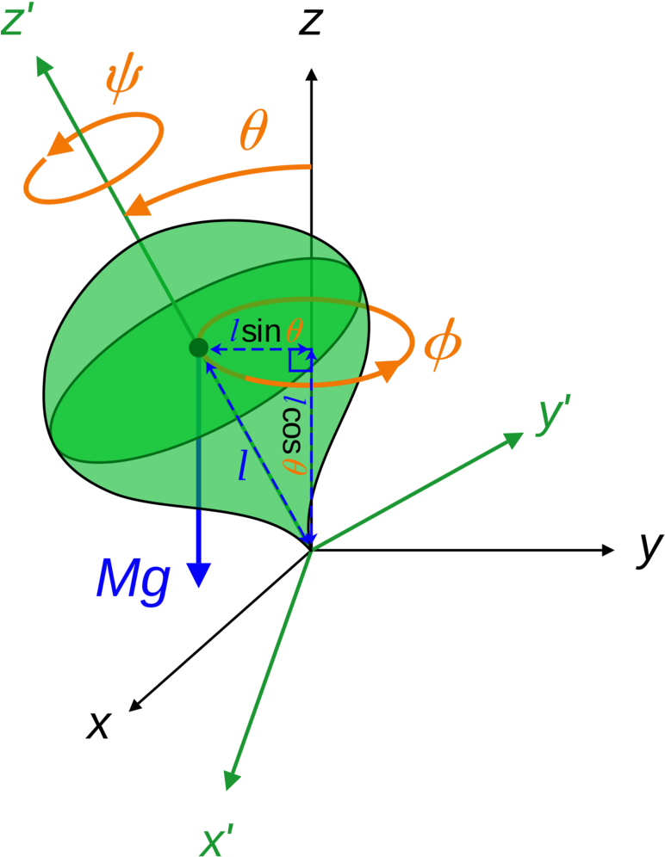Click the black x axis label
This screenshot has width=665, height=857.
(98, 725)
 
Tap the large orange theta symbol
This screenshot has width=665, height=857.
(254, 130)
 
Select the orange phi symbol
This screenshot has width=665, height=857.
(443, 345)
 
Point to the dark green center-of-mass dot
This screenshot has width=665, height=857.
(198, 348)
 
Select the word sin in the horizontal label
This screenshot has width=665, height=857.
(260, 332)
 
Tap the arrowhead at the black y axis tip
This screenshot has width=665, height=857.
(607, 551)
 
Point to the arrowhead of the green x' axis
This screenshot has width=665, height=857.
(232, 780)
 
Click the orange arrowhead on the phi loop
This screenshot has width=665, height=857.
(388, 370)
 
